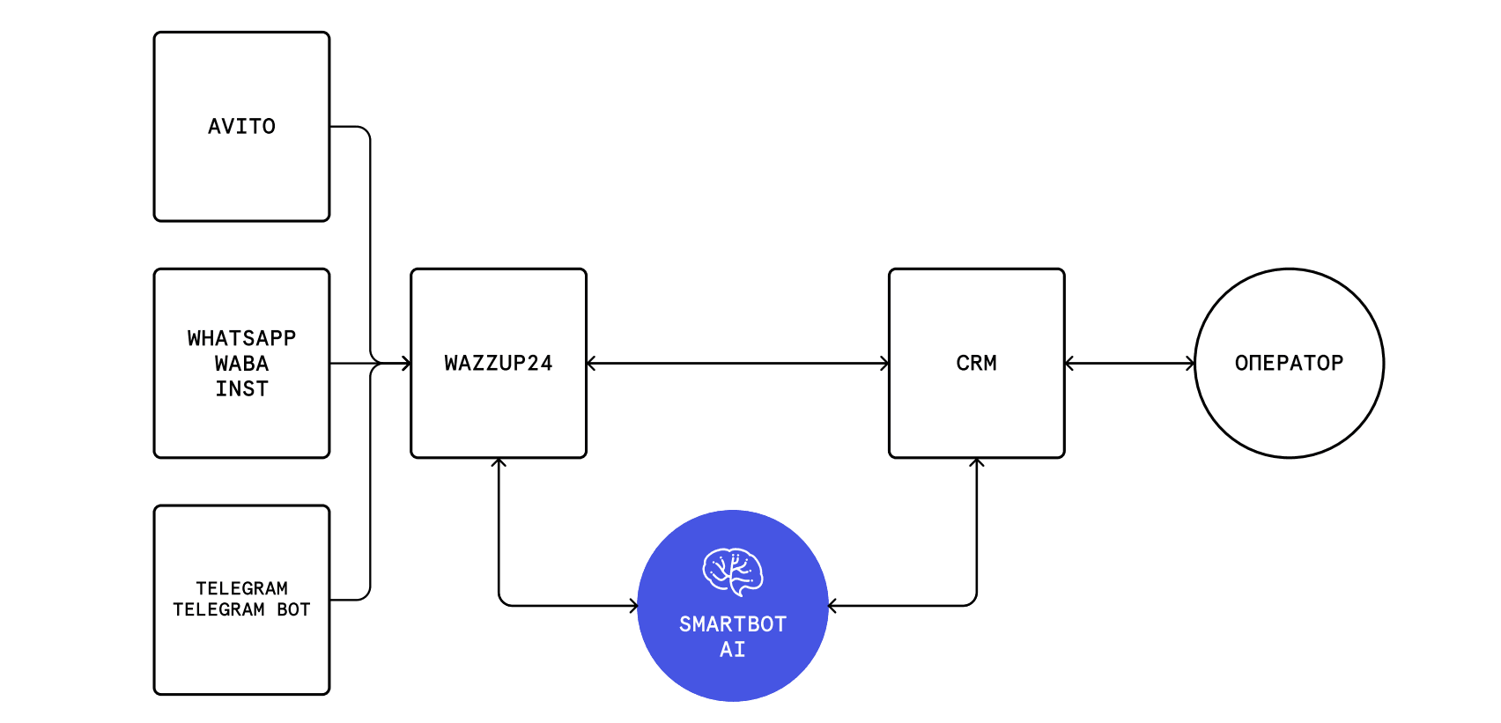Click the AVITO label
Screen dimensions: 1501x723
pos(241,127)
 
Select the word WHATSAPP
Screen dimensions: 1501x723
pos(241,337)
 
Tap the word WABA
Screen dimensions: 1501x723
pos(241,363)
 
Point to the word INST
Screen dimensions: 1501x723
pos(241,388)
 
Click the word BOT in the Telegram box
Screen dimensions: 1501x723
pos(293,609)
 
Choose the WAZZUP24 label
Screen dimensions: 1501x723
pos(499,363)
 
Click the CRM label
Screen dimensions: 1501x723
pos(976,363)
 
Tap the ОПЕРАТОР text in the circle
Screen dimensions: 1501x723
pos(1289,363)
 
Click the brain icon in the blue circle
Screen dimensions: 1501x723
pos(732,572)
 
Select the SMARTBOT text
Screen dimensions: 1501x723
pos(732,624)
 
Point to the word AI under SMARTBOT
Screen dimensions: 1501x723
pos(732,649)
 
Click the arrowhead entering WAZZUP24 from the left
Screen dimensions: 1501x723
pos(406,363)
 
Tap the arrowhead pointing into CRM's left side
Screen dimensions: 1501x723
pos(884,363)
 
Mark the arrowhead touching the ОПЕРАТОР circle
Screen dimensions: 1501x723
pos(1190,363)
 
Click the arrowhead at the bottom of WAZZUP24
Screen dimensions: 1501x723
pos(499,463)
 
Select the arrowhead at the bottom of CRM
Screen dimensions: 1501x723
pos(976,463)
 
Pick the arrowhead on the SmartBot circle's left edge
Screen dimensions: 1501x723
pos(633,606)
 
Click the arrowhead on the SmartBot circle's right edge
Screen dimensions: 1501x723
pos(833,606)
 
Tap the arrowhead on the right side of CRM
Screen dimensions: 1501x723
pos(1070,363)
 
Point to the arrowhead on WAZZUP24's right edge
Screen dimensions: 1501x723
pos(592,363)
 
